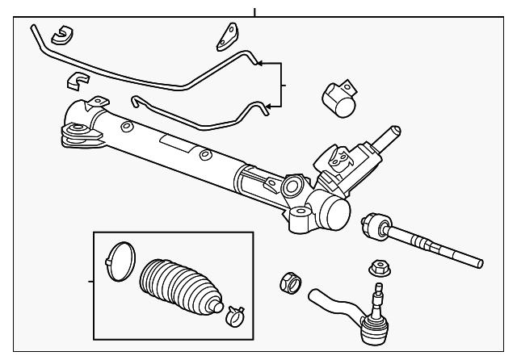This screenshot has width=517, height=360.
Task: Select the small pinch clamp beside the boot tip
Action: click(x=235, y=311)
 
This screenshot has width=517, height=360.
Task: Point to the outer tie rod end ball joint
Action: click(x=374, y=325)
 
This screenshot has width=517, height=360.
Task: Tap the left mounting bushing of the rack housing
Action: click(x=79, y=132)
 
